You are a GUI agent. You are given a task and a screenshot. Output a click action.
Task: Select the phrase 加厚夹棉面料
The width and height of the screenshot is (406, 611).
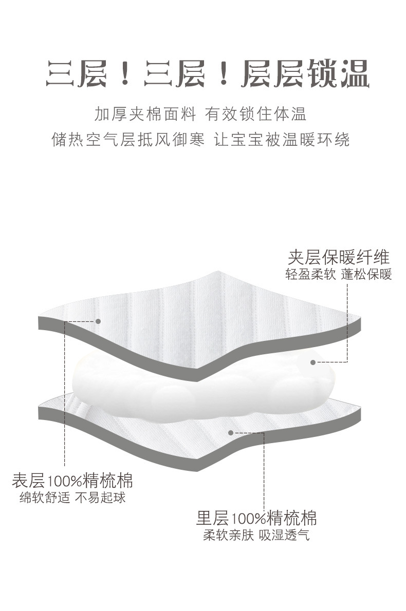point(145,114)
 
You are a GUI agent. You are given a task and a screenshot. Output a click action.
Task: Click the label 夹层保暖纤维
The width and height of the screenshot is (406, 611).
point(339,257)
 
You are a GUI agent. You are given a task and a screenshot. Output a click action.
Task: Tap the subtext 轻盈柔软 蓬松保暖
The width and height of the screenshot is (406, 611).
point(339,274)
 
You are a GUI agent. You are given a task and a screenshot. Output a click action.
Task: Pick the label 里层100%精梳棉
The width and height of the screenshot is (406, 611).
point(256,518)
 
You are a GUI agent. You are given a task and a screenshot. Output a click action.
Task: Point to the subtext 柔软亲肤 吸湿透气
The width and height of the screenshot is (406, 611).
point(256,536)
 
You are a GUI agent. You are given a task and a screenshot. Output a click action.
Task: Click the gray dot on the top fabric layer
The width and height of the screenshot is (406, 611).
point(98,321)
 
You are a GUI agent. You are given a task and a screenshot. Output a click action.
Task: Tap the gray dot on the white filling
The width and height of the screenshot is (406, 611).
point(312,362)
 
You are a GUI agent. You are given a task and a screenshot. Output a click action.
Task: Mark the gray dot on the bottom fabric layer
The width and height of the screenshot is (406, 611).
point(231,433)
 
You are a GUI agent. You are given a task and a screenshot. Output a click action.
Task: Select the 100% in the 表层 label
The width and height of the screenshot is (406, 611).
point(62,482)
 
